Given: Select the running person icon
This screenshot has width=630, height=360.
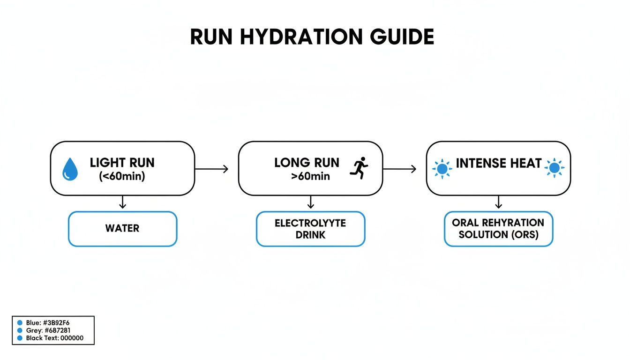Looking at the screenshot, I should click(359, 167).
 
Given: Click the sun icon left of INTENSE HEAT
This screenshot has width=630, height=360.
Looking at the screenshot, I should click(442, 168).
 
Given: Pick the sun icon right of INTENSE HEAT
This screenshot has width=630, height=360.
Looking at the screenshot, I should click(555, 168).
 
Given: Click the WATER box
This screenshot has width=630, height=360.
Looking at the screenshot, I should click(122, 229).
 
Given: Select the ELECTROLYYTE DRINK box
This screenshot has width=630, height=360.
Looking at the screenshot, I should click(310, 229).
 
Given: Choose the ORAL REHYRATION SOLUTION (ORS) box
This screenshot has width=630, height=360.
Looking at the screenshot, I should click(498, 229).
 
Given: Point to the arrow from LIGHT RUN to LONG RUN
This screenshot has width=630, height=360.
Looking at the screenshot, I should click(211, 169).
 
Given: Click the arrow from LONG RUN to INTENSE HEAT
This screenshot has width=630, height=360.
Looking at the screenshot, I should click(399, 169).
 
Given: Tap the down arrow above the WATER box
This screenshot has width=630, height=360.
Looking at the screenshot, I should click(122, 202).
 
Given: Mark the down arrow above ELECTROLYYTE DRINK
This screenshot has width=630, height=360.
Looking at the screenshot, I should click(310, 202).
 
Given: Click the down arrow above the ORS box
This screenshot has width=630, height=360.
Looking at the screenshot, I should click(498, 202).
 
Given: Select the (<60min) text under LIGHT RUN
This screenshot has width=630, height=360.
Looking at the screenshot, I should click(122, 177).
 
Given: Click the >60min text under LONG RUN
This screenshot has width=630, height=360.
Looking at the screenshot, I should click(309, 177).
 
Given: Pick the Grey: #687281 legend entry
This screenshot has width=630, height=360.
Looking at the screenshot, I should click(44, 330).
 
